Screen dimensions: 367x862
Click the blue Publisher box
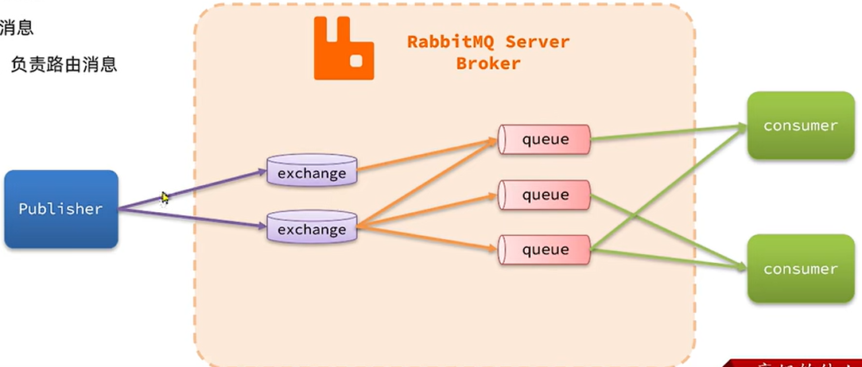61,209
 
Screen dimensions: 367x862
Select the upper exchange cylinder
311,172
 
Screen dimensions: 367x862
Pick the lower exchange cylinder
311,229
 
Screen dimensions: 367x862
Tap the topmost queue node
545,140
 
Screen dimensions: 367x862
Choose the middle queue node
545,195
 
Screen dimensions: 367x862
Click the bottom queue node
545,249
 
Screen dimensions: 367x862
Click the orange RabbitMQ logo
344,48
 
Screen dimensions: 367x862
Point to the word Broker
488,64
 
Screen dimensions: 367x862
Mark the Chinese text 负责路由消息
64,65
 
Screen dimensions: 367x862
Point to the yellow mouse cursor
165,198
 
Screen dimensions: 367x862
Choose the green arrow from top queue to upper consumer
668,133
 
